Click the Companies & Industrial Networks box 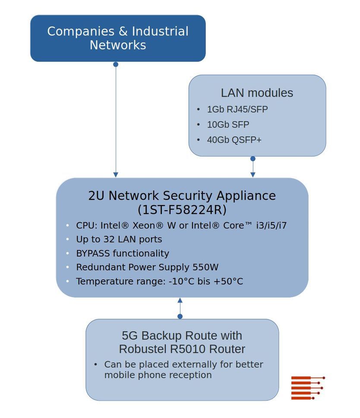pyautogui.click(x=117, y=38)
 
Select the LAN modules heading pyautogui.click(x=257, y=93)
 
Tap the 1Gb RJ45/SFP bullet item pyautogui.click(x=237, y=109)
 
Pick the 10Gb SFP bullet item pyautogui.click(x=228, y=125)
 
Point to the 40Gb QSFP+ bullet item pyautogui.click(x=234, y=140)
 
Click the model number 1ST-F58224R pyautogui.click(x=182, y=210)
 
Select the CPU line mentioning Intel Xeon pyautogui.click(x=181, y=225)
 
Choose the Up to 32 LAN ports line pyautogui.click(x=119, y=239)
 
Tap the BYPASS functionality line pyautogui.click(x=122, y=253)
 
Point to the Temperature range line pyautogui.click(x=159, y=282)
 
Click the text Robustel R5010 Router pyautogui.click(x=182, y=349)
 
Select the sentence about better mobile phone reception pyautogui.click(x=183, y=370)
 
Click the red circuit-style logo pyautogui.click(x=307, y=387)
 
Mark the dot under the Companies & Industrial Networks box pyautogui.click(x=116, y=64)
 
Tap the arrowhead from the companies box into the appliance pyautogui.click(x=116, y=174)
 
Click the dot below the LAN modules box pyautogui.click(x=253, y=159)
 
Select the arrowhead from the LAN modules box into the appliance pyautogui.click(x=253, y=174)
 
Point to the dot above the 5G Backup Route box pyautogui.click(x=180, y=317)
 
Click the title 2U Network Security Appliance pyautogui.click(x=182, y=196)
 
